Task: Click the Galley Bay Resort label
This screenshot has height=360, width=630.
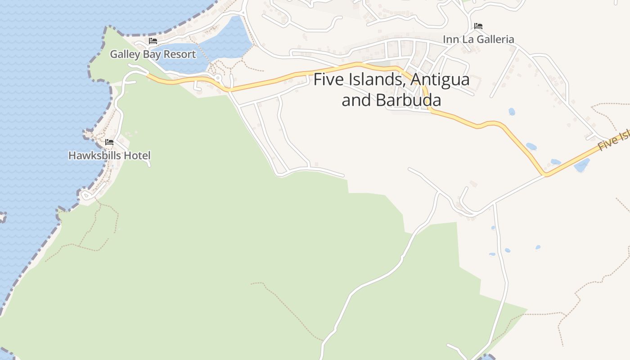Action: point(153,54)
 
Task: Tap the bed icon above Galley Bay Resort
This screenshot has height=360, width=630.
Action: point(153,41)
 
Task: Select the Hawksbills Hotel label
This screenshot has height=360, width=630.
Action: point(109,156)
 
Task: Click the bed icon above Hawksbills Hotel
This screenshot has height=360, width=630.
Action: point(109,143)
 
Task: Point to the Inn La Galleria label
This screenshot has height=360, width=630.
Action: point(478,40)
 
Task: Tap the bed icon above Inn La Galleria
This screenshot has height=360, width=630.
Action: point(478,27)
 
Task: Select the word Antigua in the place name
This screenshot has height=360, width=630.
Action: point(440,80)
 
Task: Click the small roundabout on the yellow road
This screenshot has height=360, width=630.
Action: point(218,78)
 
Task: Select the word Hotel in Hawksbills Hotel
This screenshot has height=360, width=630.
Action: point(138,156)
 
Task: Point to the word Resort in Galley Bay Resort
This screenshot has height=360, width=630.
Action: point(180,54)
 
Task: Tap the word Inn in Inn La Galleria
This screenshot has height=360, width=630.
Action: point(450,40)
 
